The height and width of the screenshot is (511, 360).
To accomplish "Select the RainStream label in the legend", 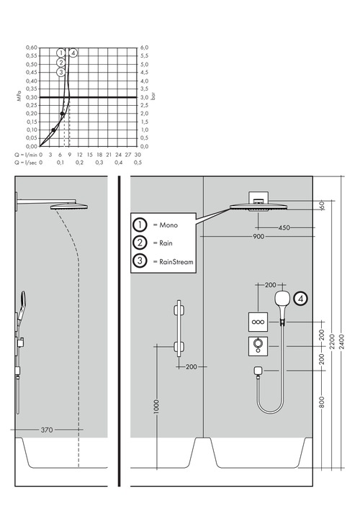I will (x=170, y=261).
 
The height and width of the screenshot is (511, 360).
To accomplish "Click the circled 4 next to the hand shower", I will (x=301, y=297).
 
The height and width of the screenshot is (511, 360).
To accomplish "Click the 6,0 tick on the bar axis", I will (x=144, y=48).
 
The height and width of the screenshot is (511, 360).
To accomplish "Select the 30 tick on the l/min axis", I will (x=137, y=154).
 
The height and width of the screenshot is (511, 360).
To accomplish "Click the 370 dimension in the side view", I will (x=47, y=430).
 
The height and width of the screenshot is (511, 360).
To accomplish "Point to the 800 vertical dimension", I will (x=322, y=400).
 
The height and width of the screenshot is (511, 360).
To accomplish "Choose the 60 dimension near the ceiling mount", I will (x=322, y=205).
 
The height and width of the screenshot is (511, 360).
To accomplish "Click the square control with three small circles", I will (x=257, y=321).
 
